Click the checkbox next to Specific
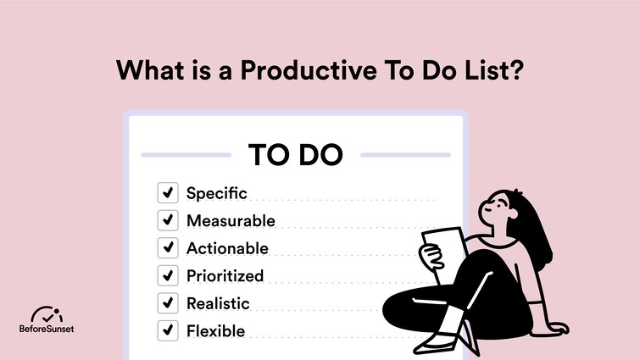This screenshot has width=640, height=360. (x=168, y=193)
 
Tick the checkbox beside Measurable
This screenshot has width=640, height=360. (x=168, y=221)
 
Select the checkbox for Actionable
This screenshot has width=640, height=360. (x=168, y=248)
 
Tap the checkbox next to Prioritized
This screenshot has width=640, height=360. (x=168, y=275)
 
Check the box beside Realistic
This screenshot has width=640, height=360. (x=168, y=303)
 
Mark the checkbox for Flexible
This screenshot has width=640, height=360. (x=168, y=330)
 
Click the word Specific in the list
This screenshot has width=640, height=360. (x=216, y=193)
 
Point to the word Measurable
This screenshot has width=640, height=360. (x=231, y=221)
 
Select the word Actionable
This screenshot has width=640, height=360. (x=227, y=248)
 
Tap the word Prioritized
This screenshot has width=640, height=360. (x=225, y=275)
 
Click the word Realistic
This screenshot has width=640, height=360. (x=218, y=303)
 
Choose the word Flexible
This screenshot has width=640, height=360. (x=215, y=330)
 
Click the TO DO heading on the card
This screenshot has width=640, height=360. (x=295, y=155)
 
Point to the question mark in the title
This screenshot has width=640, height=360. (x=515, y=69)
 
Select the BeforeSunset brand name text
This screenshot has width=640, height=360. (x=47, y=329)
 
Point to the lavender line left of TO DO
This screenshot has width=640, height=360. (x=186, y=155)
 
